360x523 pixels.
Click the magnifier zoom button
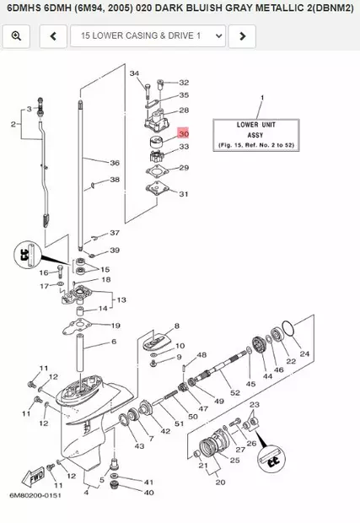pyautogui.click(x=16, y=36)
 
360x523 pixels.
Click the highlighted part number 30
pyautogui.click(x=184, y=133)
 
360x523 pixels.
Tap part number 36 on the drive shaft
pyautogui.click(x=115, y=162)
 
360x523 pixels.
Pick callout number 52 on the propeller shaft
pyautogui.click(x=235, y=393)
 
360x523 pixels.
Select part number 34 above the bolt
pyautogui.click(x=134, y=74)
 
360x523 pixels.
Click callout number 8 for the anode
pyautogui.click(x=176, y=326)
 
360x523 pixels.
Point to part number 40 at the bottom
pyautogui.click(x=148, y=492)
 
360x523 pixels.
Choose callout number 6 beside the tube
pyautogui.click(x=114, y=342)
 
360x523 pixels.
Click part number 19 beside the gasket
pyautogui.click(x=115, y=326)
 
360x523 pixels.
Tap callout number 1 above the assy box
pyautogui.click(x=261, y=98)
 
